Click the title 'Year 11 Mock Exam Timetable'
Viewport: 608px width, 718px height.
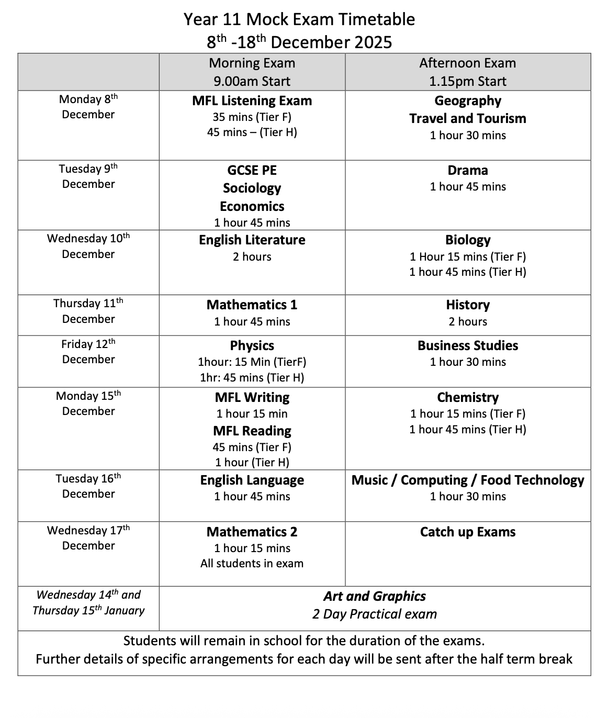[x=299, y=19]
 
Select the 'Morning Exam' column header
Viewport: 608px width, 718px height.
[x=252, y=63]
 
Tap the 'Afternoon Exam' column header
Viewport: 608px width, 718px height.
[x=467, y=63]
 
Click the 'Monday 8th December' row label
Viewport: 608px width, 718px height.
[x=88, y=107]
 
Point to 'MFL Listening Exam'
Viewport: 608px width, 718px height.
[x=252, y=100]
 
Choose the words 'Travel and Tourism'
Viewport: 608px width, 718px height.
[x=467, y=118]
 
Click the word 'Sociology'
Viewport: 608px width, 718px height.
[x=252, y=188]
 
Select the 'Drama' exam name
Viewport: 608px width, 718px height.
[x=467, y=170]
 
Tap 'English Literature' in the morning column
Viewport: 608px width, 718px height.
[x=252, y=240]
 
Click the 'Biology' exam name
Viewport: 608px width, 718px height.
[x=467, y=240]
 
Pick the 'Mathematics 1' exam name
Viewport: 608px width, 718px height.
[x=252, y=305]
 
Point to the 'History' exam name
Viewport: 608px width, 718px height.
[x=467, y=305]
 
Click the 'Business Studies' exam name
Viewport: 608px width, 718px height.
[x=467, y=345]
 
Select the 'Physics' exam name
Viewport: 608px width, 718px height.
[x=252, y=345]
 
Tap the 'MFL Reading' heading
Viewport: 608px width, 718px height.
[x=252, y=431]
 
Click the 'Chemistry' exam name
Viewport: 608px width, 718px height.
[x=467, y=397]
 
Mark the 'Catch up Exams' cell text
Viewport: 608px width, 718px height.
[x=467, y=532]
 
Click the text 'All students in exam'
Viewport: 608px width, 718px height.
[x=252, y=563]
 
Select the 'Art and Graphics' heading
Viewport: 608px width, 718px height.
[x=374, y=596]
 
